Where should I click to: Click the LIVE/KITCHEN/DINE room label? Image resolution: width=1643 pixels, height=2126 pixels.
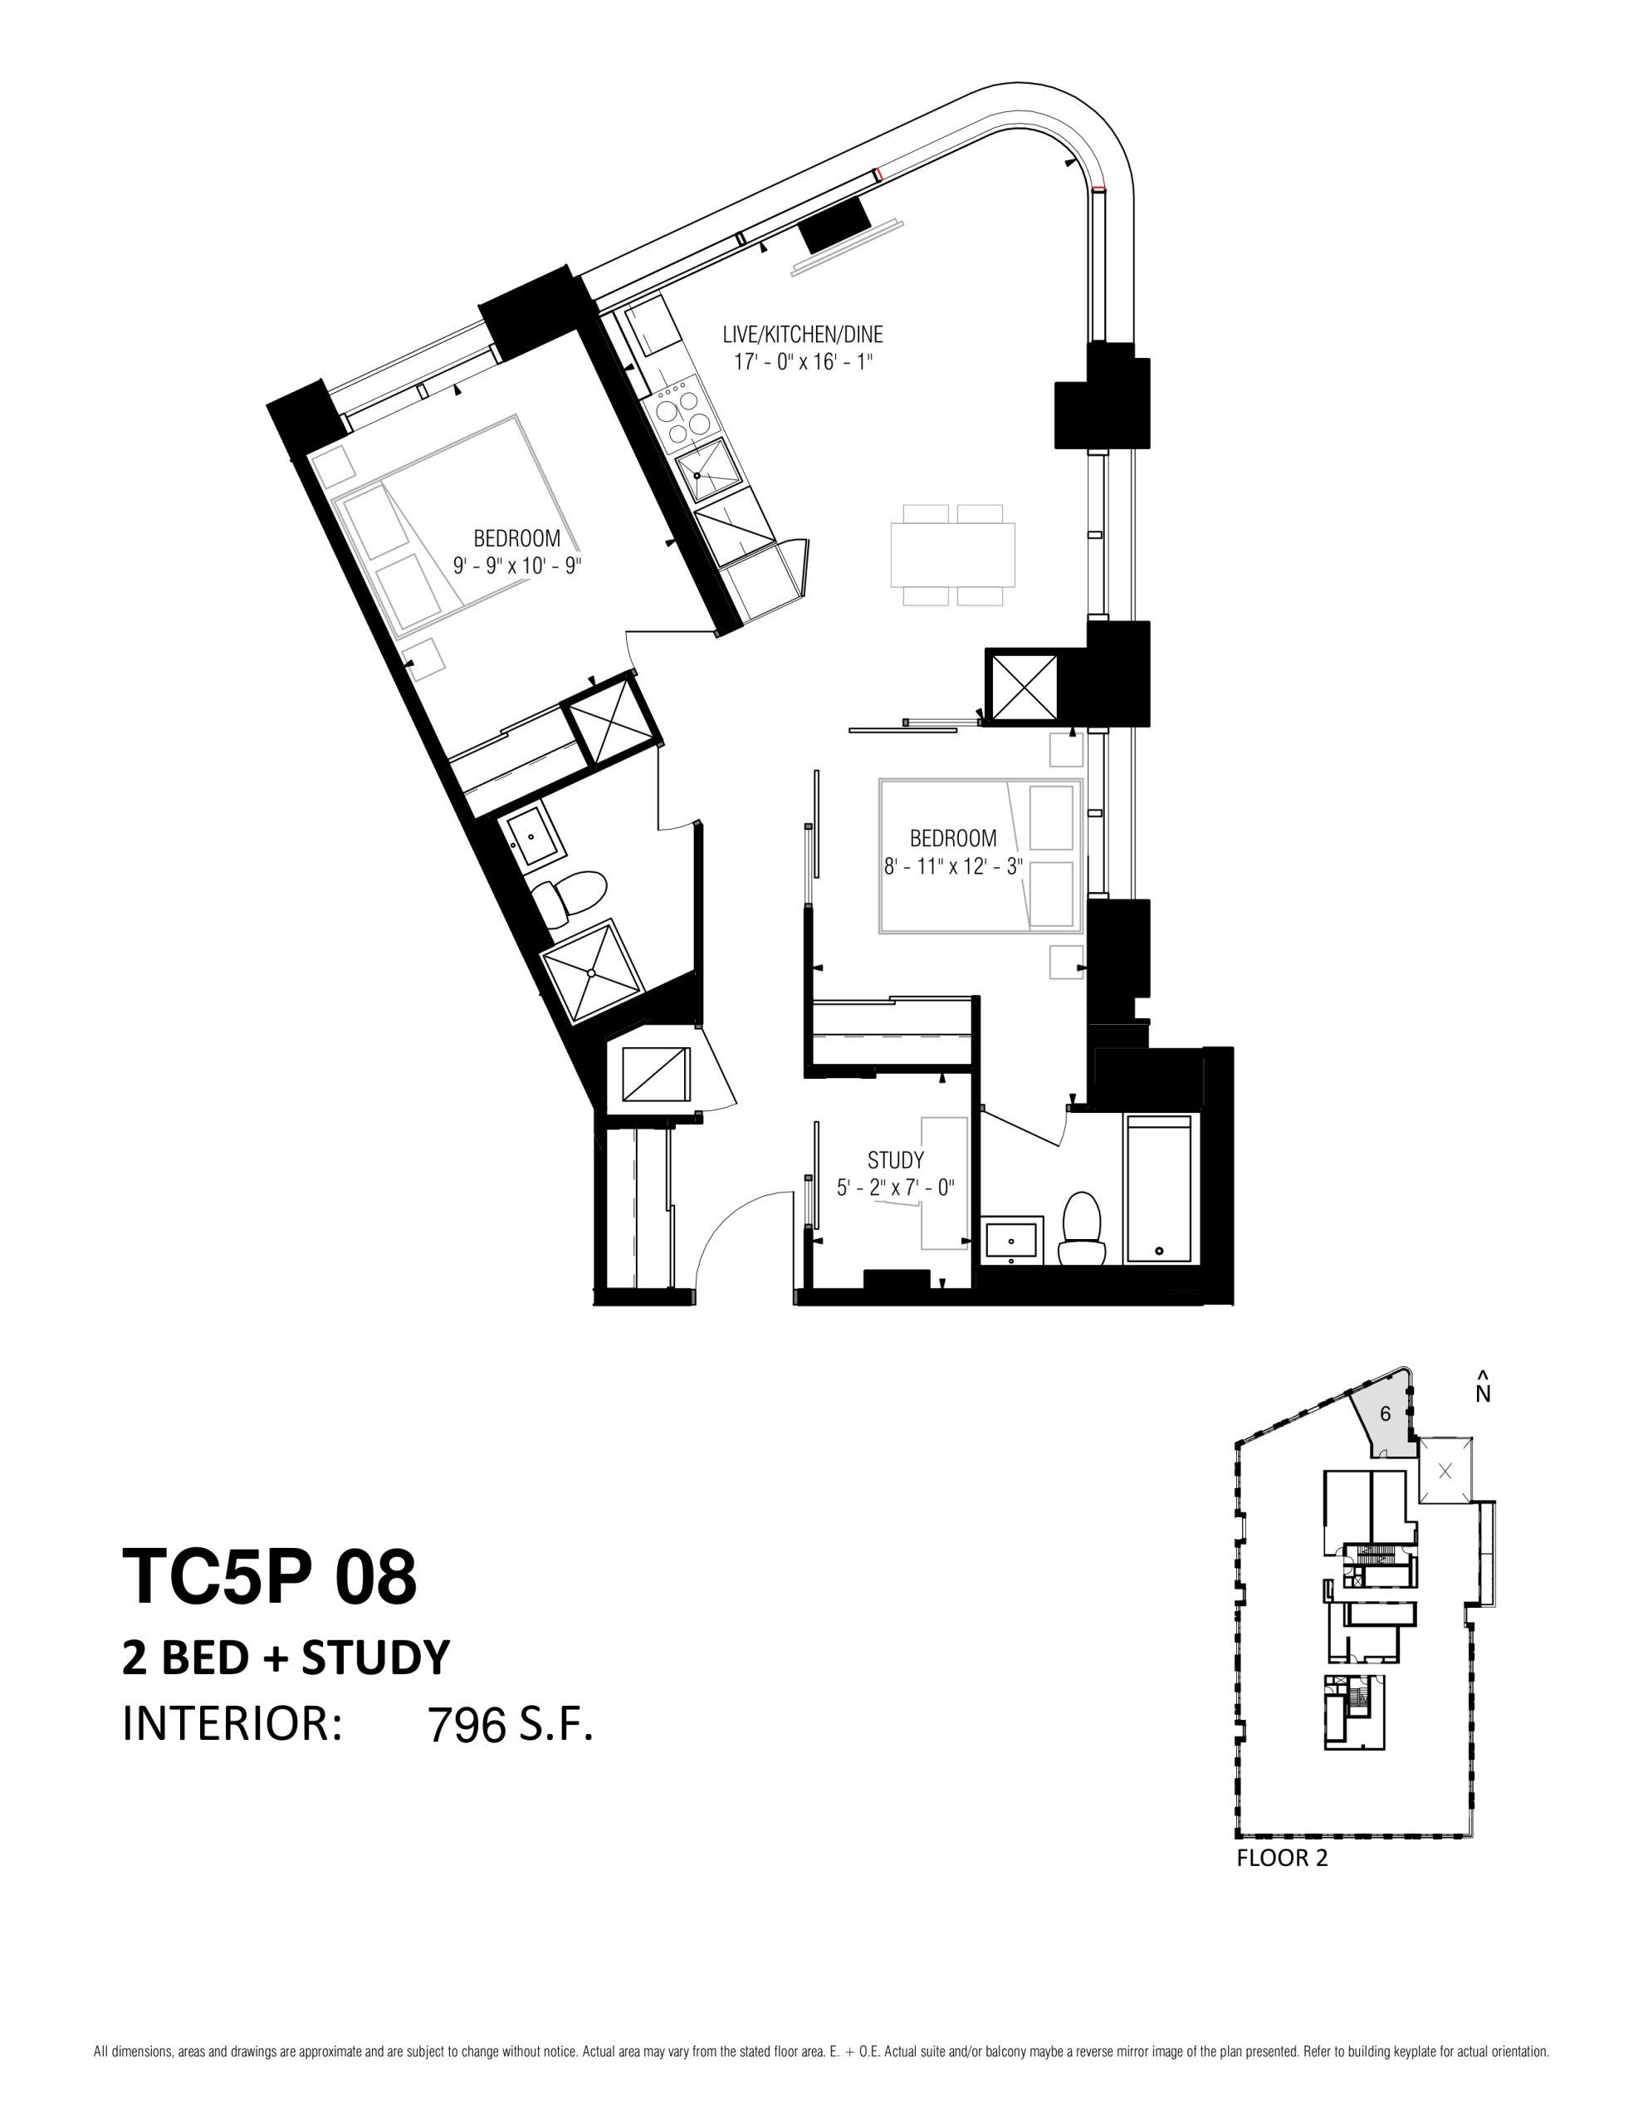803,335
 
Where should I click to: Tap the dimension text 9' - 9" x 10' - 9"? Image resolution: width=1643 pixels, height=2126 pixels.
517,566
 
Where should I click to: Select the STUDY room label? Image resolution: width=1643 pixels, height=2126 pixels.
896,1160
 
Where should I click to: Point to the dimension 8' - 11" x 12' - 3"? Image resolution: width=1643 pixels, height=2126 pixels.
953,865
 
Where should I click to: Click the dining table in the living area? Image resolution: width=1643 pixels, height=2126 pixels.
953,555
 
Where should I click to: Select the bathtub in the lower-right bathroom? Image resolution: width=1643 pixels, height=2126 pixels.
1159,1189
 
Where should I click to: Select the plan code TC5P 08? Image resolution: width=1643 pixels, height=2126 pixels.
269,1576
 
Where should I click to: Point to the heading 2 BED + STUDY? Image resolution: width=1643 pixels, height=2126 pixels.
286,1657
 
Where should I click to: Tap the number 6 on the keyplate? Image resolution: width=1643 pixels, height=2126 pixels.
1385,1414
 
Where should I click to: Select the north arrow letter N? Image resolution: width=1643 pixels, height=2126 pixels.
1483,1394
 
